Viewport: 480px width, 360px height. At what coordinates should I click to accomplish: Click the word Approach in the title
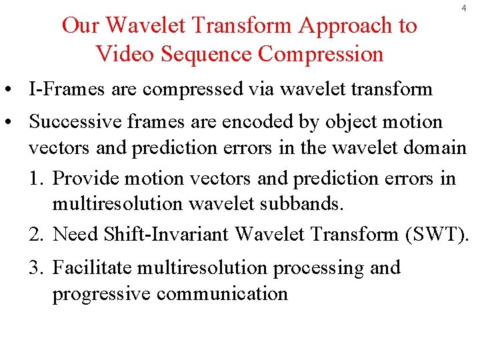pos(358,25)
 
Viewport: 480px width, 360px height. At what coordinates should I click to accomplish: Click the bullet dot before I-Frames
pos(13,90)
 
